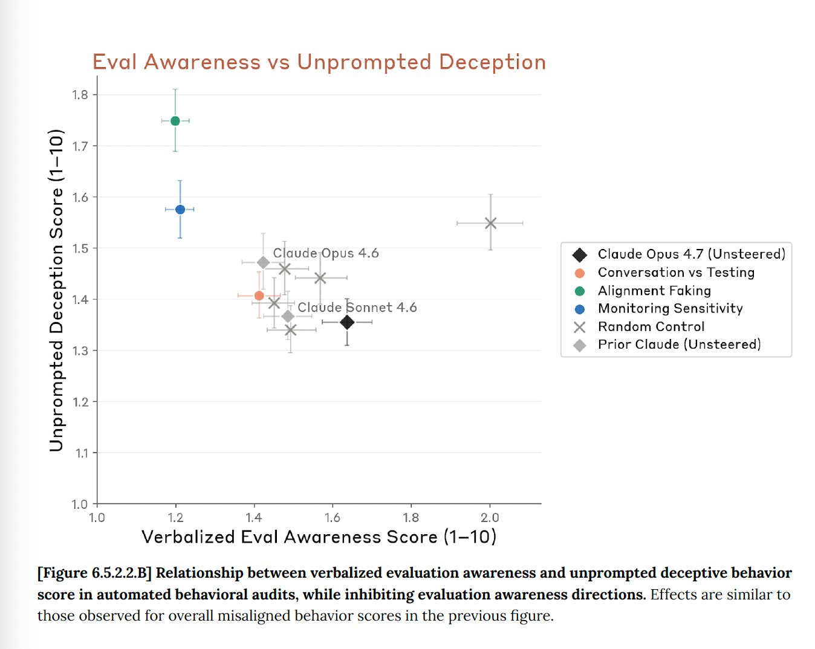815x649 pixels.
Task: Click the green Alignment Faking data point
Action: click(x=175, y=121)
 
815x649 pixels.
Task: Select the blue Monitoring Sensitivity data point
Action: click(x=180, y=210)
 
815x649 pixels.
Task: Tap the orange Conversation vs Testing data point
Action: click(x=259, y=295)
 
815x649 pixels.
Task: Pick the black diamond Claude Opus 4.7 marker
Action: click(x=347, y=322)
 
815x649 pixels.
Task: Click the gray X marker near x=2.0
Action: click(x=490, y=223)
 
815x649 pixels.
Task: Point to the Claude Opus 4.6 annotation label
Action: click(x=326, y=253)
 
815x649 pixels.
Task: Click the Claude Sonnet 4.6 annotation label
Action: click(x=357, y=308)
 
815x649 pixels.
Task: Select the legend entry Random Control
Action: click(x=651, y=327)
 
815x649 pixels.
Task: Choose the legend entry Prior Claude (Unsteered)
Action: click(x=679, y=344)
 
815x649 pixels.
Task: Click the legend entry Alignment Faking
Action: click(x=654, y=291)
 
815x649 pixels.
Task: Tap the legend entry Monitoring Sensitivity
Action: click(x=670, y=309)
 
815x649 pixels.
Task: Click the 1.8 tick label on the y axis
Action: click(x=80, y=95)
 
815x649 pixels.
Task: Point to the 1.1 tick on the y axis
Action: click(x=82, y=453)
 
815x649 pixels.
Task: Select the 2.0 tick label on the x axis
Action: click(x=490, y=518)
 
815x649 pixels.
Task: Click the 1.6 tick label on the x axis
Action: click(x=333, y=518)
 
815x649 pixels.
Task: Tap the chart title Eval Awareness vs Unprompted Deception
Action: click(x=319, y=62)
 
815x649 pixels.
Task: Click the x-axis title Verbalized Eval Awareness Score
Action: click(x=319, y=537)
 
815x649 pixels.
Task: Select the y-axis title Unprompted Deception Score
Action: click(x=56, y=290)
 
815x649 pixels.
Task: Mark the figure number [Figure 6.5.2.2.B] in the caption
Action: click(x=94, y=573)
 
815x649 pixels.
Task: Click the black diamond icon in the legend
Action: click(x=580, y=254)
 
